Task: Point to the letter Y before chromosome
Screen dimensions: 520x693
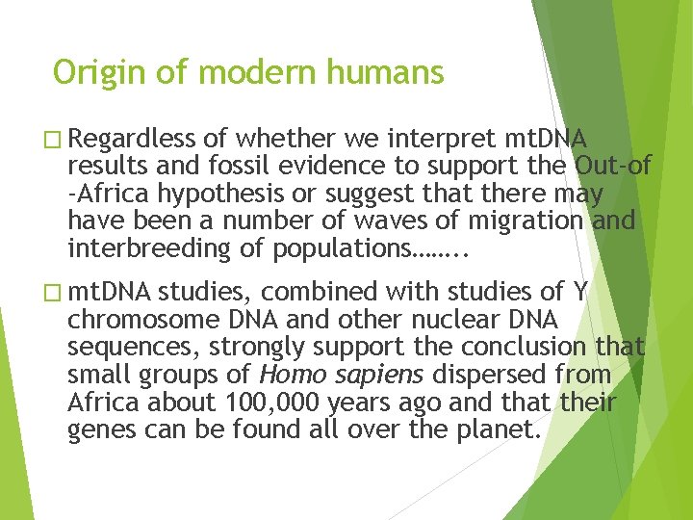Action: click(x=579, y=293)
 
